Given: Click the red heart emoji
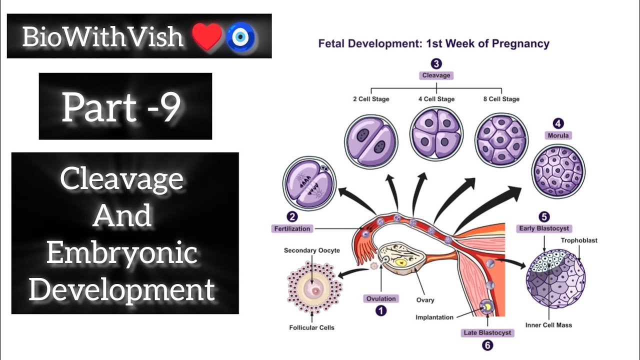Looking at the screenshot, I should pyautogui.click(x=206, y=37).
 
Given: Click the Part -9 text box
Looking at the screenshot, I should pyautogui.click(x=125, y=106).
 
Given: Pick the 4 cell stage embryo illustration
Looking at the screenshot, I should pyautogui.click(x=436, y=134).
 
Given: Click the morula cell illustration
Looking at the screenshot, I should pyautogui.click(x=558, y=171).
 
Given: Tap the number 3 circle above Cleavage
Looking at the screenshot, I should pyautogui.click(x=436, y=64).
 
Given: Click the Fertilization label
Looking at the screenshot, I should pyautogui.click(x=292, y=228).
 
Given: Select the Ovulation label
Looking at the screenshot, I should pyautogui.click(x=381, y=298).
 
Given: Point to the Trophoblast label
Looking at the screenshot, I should pyautogui.click(x=578, y=240).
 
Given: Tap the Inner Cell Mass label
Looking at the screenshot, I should pyautogui.click(x=548, y=325).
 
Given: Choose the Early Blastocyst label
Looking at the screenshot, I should pyautogui.click(x=543, y=228).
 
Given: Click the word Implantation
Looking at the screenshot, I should pyautogui.click(x=434, y=317).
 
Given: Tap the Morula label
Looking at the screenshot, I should pyautogui.click(x=558, y=135).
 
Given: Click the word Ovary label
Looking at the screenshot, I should pyautogui.click(x=425, y=300).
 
